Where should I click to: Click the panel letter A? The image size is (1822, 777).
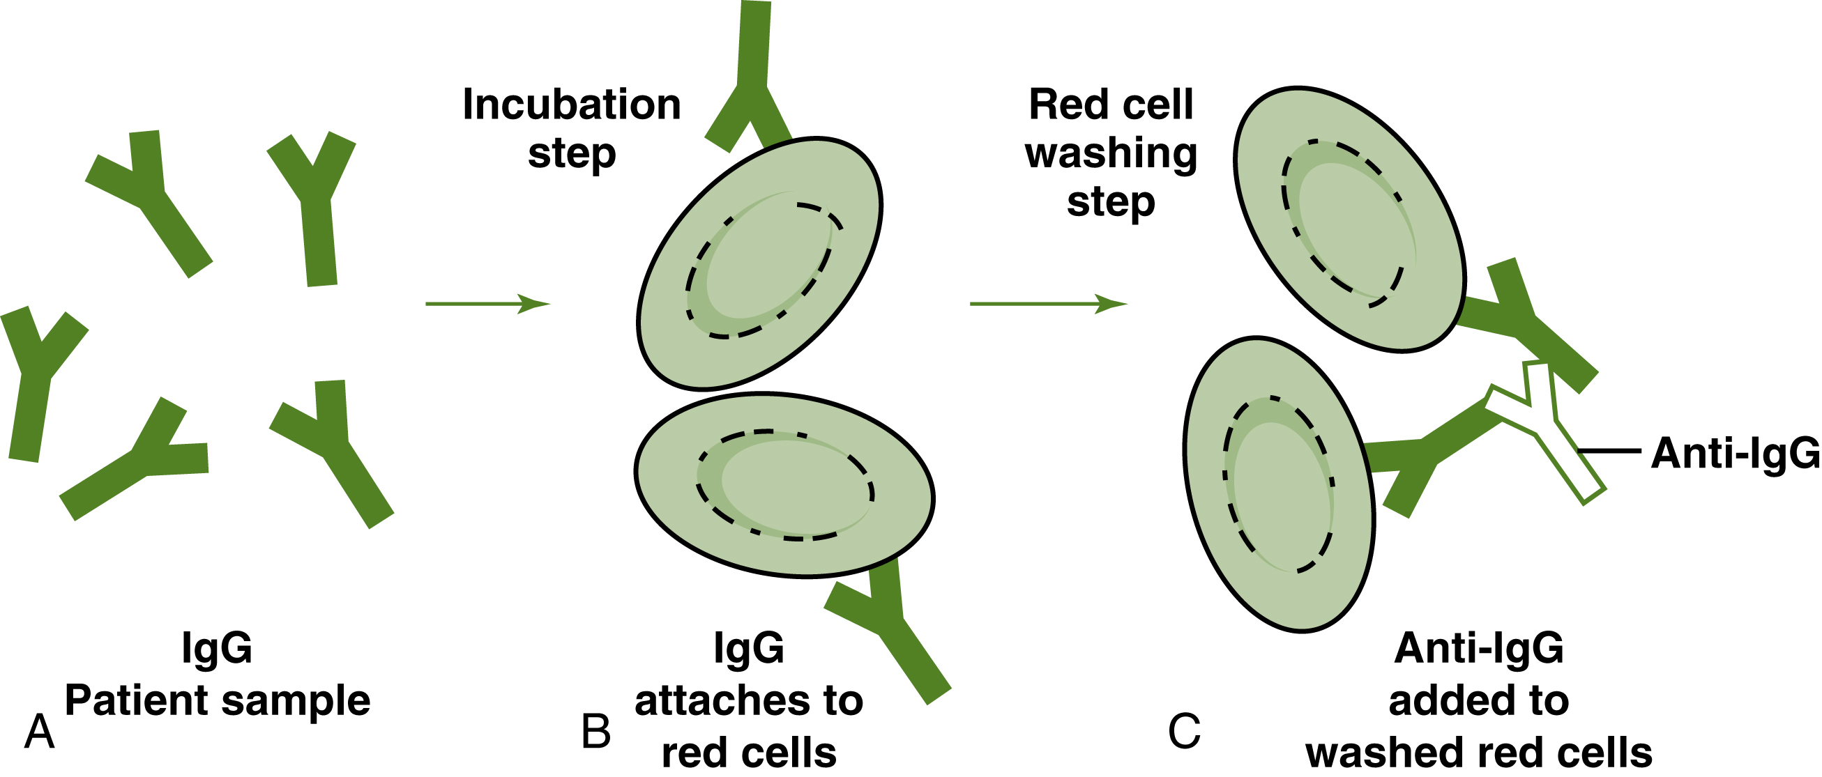[40, 732]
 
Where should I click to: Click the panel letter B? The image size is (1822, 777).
[595, 732]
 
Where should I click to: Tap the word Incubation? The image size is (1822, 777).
[572, 105]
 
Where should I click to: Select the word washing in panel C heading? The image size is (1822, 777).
[1111, 153]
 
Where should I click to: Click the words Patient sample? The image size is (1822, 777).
[218, 700]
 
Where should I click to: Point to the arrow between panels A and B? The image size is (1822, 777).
[487, 304]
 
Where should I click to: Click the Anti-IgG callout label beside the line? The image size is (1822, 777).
[1734, 453]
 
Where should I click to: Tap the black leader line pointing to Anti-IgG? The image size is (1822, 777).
[1610, 450]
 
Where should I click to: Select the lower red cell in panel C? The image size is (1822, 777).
[1279, 484]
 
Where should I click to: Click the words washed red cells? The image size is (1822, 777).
[1478, 753]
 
